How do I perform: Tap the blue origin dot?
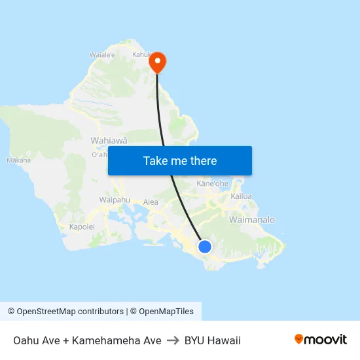tap(205, 247)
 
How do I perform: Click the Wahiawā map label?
tap(109, 140)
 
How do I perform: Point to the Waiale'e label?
tap(102, 55)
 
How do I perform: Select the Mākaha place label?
tap(18, 160)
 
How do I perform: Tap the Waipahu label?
tap(115, 199)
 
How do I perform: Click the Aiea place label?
tap(151, 202)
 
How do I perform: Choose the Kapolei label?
tap(82, 227)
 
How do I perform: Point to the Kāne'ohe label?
tap(212, 184)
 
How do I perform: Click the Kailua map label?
tap(242, 196)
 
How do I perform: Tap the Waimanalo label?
tap(252, 220)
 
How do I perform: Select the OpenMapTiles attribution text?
tap(165, 312)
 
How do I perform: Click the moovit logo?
tap(320, 340)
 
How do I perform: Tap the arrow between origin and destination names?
tap(173, 340)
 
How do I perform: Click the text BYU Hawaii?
tap(213, 340)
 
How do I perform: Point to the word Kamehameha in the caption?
tap(117, 340)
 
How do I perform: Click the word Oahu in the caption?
tap(26, 340)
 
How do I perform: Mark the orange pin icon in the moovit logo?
tap(299, 339)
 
